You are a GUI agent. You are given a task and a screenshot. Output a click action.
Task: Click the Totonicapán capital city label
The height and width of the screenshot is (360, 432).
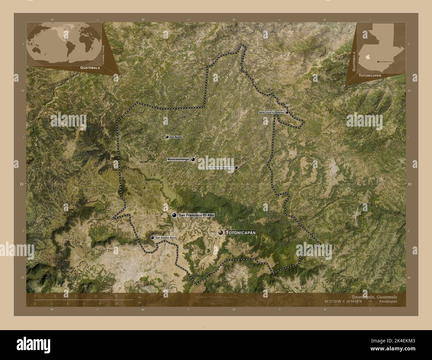pos(241,233)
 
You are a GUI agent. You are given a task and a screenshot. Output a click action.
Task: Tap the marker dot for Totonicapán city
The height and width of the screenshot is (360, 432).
pos(221,233)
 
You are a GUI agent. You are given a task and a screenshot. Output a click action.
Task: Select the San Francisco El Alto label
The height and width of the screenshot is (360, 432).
pos(196,215)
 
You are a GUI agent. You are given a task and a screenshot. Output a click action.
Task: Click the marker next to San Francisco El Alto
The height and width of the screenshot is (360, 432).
pos(174,215)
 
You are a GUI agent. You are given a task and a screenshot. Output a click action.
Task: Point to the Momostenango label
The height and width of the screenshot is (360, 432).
pos(178,159)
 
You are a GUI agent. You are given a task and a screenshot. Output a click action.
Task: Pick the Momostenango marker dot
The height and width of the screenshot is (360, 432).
pos(193,159)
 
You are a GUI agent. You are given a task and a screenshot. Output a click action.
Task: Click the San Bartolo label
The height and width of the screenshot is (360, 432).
pos(176,137)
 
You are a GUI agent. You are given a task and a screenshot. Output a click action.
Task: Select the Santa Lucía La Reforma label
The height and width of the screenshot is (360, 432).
pos(271,113)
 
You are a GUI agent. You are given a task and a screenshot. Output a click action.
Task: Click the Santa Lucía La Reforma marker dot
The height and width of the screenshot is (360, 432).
pos(287,113)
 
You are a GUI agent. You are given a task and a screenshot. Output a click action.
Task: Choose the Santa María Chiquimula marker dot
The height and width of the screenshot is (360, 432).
pos(236,168)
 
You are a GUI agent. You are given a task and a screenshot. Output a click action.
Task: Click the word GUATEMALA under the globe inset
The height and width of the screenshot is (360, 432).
pos(90,67)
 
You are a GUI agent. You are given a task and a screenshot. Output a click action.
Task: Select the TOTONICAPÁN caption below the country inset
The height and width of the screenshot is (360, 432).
pos(370,75)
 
